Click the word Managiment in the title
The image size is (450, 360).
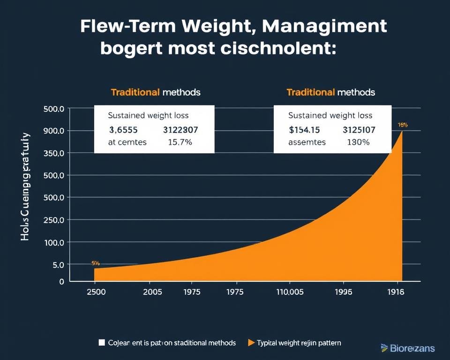pyautogui.click(x=324, y=27)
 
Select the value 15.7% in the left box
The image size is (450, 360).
pyautogui.click(x=180, y=142)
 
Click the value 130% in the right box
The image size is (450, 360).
pyautogui.click(x=357, y=142)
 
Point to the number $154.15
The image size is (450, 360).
pyautogui.click(x=304, y=129)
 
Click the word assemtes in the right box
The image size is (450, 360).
pyautogui.click(x=307, y=142)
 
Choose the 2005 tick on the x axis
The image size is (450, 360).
pyautogui.click(x=152, y=292)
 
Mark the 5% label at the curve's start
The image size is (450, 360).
pyautogui.click(x=95, y=264)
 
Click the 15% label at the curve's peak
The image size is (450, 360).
pyautogui.click(x=403, y=125)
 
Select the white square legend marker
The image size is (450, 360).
pyautogui.click(x=102, y=343)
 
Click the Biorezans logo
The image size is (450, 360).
pyautogui.click(x=407, y=348)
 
